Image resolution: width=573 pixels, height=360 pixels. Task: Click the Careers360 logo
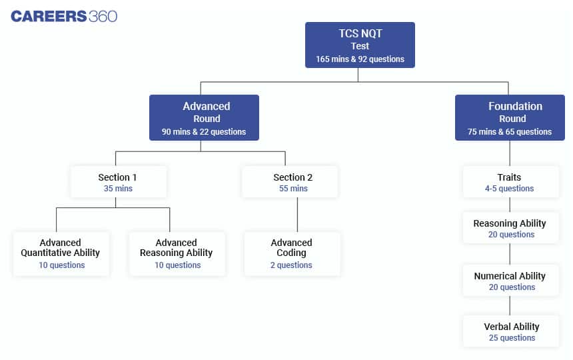pos(64,17)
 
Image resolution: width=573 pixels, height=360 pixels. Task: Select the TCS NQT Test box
pos(360,45)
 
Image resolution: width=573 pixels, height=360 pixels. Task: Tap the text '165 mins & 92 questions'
pos(360,59)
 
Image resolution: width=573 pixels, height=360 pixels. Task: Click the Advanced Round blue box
pos(204,118)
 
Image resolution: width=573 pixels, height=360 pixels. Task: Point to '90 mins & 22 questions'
pos(204,132)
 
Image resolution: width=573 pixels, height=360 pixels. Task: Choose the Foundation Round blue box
pos(510,118)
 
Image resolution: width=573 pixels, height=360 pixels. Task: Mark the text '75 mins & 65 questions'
pos(510,132)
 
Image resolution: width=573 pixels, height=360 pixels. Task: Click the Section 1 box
pos(118,182)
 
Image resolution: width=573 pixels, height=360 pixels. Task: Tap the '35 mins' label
pos(118,189)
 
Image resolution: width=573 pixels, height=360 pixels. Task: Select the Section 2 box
pos(290,182)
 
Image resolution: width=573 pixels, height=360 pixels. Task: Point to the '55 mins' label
pos(293,189)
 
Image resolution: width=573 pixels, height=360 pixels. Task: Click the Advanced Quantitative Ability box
pos(61,253)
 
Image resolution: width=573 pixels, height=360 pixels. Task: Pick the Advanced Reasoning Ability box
pos(177,253)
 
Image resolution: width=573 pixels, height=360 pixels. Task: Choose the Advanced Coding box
pos(292,253)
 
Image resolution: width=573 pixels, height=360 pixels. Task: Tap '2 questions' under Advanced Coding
pos(291,265)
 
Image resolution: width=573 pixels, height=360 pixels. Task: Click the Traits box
pos(510,182)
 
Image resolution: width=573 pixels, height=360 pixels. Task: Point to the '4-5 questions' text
pos(510,189)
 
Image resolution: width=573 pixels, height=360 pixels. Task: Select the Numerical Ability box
pos(510,281)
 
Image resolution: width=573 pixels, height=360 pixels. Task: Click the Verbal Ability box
pos(510,331)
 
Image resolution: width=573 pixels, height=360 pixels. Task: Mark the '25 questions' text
pos(512,338)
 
